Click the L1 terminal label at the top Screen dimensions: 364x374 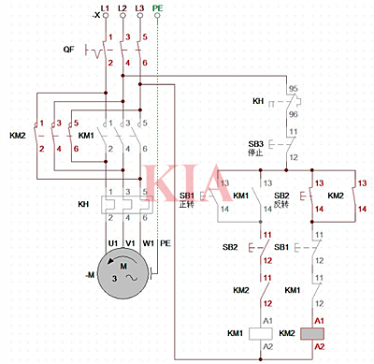105,7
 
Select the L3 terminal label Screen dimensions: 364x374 139,7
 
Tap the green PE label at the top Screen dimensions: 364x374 158,7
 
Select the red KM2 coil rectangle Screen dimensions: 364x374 311,332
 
